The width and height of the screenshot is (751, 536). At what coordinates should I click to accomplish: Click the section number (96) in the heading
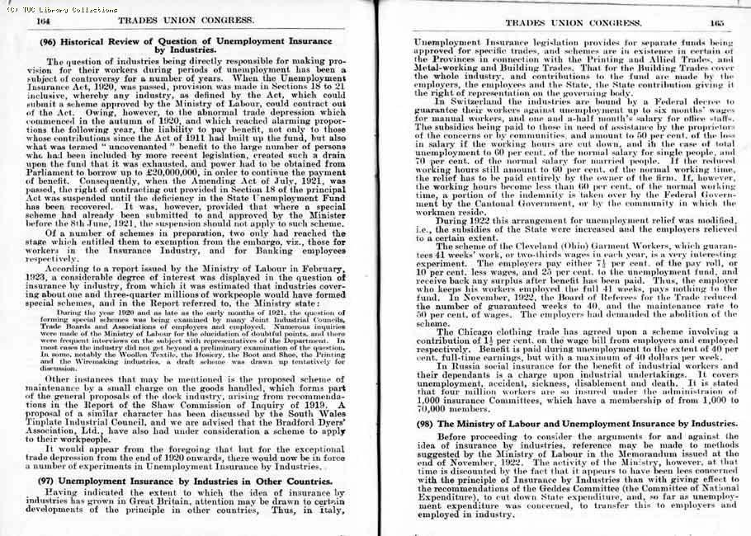point(48,41)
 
